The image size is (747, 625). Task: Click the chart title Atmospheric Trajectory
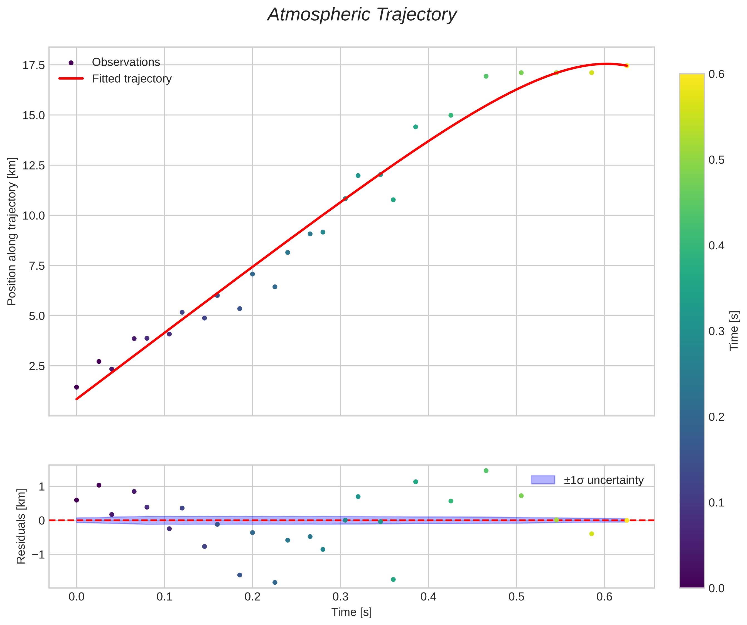(x=362, y=15)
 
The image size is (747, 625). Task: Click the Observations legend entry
(x=126, y=62)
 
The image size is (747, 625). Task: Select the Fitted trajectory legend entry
(x=132, y=79)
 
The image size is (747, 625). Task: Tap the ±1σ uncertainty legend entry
(x=603, y=480)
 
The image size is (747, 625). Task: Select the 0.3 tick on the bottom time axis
(x=340, y=597)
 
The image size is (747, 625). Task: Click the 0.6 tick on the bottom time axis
(x=604, y=597)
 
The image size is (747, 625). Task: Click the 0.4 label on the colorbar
(x=716, y=246)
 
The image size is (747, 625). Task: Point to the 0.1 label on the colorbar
(x=716, y=503)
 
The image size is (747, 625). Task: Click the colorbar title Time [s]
(x=734, y=331)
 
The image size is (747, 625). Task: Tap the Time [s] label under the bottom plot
(x=352, y=612)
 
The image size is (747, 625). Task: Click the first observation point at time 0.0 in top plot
(x=77, y=387)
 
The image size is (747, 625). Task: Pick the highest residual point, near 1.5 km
(x=486, y=471)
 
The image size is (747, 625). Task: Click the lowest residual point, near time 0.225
(x=275, y=582)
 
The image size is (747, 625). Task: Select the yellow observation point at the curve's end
(x=627, y=66)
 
